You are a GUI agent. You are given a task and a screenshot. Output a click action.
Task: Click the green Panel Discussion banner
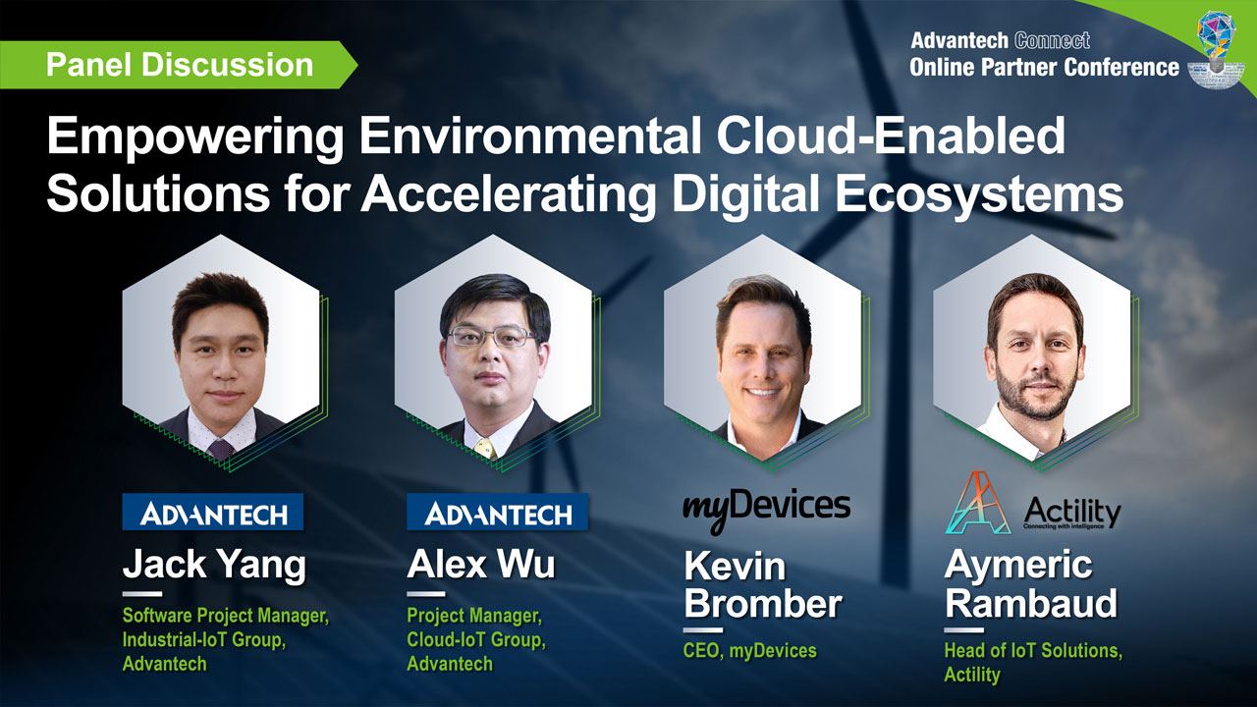pos(179,65)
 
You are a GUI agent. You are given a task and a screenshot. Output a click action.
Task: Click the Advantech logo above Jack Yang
pos(213,512)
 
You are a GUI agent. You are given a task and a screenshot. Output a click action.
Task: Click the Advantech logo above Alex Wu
pos(498,512)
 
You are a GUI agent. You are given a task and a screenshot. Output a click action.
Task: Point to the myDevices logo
pos(766,508)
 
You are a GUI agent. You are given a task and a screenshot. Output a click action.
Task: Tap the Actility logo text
pos(1071,511)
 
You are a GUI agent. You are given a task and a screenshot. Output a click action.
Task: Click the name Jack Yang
pos(214,566)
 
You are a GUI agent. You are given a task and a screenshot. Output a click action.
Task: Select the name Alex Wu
pos(480,566)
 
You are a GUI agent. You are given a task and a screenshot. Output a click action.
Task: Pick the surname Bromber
pos(763,603)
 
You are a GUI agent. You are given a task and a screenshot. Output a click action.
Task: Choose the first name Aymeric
pos(1017,565)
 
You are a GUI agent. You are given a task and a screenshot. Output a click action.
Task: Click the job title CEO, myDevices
pos(748,649)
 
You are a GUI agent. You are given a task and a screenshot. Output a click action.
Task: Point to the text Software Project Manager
pos(225,617)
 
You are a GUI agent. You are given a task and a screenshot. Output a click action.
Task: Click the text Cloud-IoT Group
pos(476,640)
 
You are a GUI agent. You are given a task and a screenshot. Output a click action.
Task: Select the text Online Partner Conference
pos(1044,67)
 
